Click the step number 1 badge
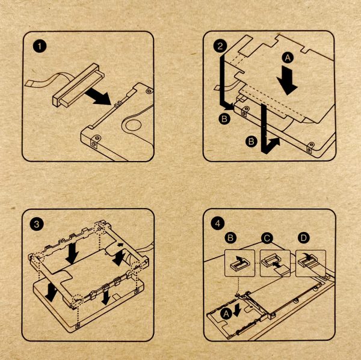(x=40, y=46)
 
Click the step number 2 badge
(x=220, y=46)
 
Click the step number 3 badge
(x=37, y=224)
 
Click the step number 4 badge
(x=218, y=224)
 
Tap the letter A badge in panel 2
(x=288, y=58)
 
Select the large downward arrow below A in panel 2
(x=288, y=80)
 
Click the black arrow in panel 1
(x=99, y=96)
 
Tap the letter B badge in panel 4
(x=230, y=237)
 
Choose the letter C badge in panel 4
(x=267, y=238)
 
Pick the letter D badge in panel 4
(x=304, y=237)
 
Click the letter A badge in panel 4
(x=226, y=314)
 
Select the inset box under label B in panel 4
(x=239, y=263)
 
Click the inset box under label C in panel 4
(x=275, y=263)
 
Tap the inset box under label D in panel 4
(x=310, y=263)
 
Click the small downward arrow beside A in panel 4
(x=237, y=310)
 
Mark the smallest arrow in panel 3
(x=120, y=245)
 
